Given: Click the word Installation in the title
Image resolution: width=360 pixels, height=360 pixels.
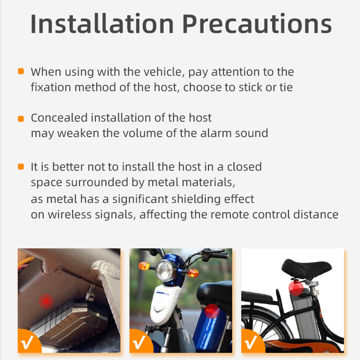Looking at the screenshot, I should [102, 24].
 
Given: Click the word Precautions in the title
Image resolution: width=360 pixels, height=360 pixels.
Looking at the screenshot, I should [257, 24].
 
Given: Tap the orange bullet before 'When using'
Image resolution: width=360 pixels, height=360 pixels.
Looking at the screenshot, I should [21, 71].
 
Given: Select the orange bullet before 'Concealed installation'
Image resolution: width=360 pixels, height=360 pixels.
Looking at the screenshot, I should [21, 118].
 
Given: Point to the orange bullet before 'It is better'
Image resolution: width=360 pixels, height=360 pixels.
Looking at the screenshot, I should [21, 167].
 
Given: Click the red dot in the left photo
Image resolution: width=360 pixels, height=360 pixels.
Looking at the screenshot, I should [46, 301].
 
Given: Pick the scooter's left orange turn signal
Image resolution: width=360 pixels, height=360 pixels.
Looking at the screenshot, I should [144, 266].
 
